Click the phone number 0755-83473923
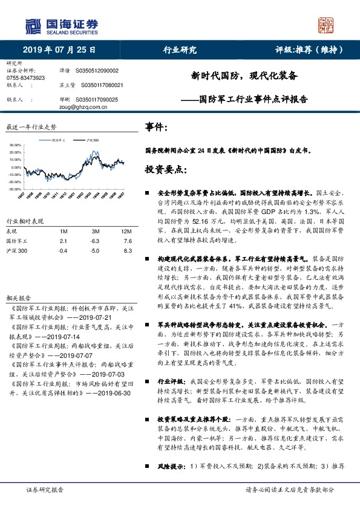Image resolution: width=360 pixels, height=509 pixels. click(26, 79)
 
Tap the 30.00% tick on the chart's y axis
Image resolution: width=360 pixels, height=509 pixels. click(15, 146)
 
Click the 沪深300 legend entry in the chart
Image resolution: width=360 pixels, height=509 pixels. click(91, 140)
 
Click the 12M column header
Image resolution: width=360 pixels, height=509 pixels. click(126, 232)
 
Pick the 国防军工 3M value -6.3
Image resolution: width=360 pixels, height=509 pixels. click(96, 241)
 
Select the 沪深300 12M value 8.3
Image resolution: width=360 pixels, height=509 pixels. click(127, 250)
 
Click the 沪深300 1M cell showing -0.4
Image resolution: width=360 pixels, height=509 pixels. click(62, 250)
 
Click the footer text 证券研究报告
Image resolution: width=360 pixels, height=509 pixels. click(45, 491)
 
